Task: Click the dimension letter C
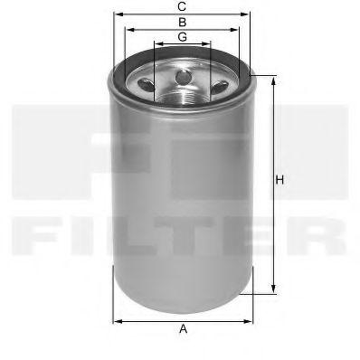(183, 7)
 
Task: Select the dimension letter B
(183, 21)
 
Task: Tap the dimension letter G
(183, 36)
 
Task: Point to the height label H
(280, 181)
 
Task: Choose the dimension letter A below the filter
(183, 329)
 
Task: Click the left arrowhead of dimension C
(117, 14)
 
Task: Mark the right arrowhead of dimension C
(248, 14)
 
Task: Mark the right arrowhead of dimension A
(250, 320)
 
